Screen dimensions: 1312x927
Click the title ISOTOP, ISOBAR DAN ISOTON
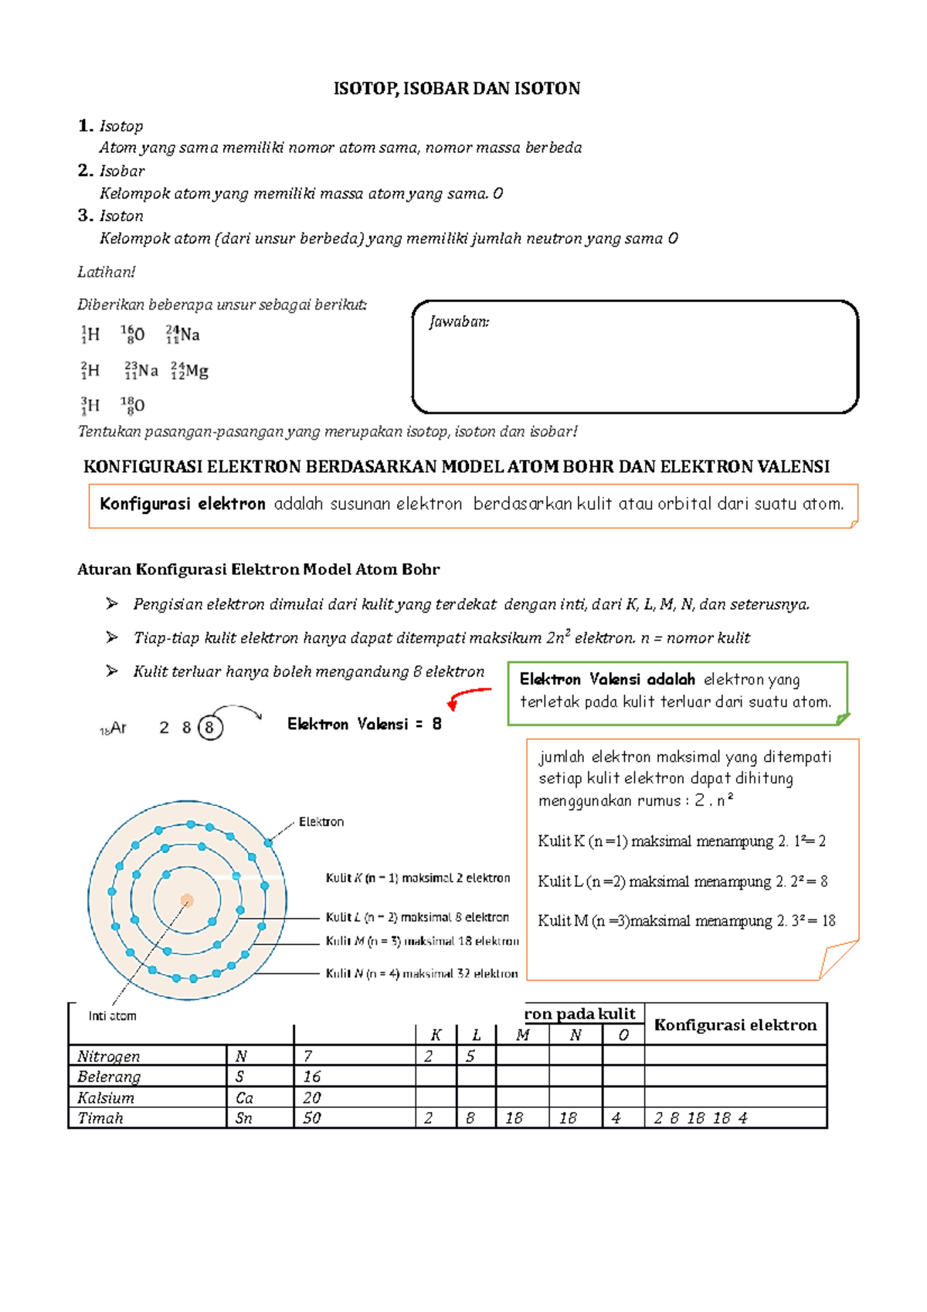tap(456, 89)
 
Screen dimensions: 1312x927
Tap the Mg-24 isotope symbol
tap(190, 372)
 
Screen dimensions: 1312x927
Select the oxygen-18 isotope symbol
tap(133, 405)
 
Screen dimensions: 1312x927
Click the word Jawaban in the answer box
tap(459, 322)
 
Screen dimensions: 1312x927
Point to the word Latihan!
tap(106, 272)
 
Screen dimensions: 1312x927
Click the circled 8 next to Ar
tap(209, 728)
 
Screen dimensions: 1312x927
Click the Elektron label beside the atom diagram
tap(321, 822)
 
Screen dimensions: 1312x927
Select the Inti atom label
tap(112, 1016)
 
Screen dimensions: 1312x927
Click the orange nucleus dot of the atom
tap(187, 900)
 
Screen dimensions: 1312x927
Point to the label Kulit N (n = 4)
tap(421, 974)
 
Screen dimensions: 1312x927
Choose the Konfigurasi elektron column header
tap(735, 1025)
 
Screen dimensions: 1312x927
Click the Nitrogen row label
tap(109, 1056)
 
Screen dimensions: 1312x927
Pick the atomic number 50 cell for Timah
tap(312, 1118)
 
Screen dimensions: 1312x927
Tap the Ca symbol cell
tap(244, 1098)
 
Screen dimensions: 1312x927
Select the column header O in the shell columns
tap(623, 1035)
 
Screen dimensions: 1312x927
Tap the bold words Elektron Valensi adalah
tap(607, 680)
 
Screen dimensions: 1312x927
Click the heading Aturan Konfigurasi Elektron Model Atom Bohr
tap(258, 570)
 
